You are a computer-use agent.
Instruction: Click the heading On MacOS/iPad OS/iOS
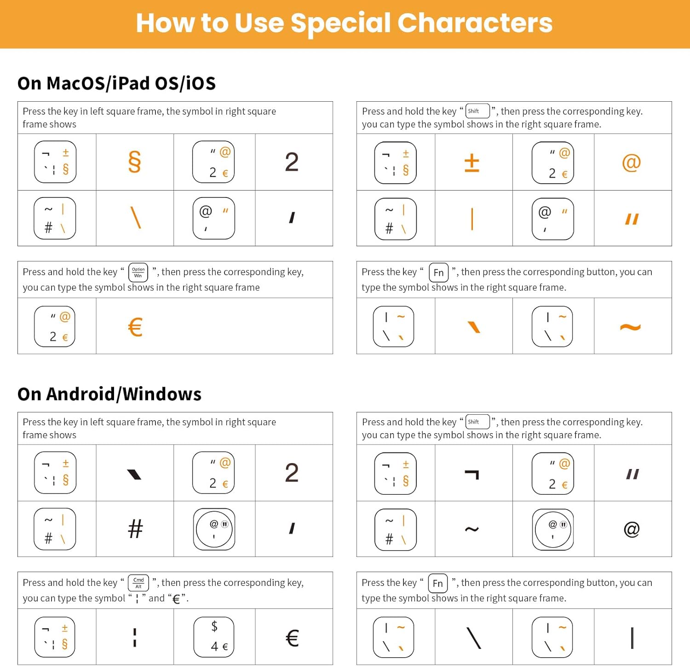[x=116, y=83]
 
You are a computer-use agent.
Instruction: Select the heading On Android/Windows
[x=109, y=394]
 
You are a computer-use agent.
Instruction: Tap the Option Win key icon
[x=138, y=272]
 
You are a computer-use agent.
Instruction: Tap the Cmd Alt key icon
[x=138, y=583]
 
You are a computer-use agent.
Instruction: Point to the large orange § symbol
[x=134, y=162]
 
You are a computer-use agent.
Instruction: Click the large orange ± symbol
[x=472, y=162]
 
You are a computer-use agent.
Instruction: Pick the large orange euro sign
[x=135, y=327]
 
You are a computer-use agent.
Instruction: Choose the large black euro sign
[x=292, y=638]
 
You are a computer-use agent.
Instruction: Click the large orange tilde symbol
[x=630, y=327]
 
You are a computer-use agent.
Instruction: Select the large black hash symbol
[x=135, y=529]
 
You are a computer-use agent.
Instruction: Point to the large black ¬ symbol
[x=472, y=474]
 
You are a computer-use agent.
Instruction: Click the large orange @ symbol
[x=631, y=162]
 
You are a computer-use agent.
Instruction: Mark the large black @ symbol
[x=632, y=529]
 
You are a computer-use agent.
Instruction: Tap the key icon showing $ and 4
[x=214, y=637]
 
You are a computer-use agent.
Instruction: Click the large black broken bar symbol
[x=135, y=637]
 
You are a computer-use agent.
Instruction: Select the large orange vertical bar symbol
[x=472, y=219]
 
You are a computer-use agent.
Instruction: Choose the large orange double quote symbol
[x=632, y=219]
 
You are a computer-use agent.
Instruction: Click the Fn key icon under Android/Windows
[x=437, y=584]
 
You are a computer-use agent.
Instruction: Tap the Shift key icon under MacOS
[x=477, y=111]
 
